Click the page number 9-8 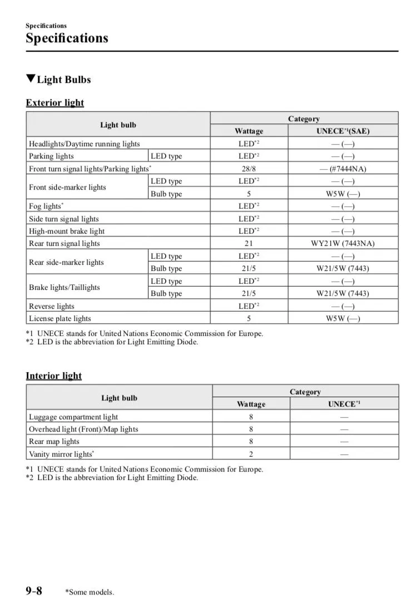(x=33, y=590)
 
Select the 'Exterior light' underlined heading (x=54, y=102)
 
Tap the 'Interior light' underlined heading (x=53, y=375)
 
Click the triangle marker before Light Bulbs (x=31, y=79)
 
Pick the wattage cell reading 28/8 (x=249, y=169)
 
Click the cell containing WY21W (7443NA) (x=342, y=244)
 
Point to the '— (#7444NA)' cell (x=342, y=169)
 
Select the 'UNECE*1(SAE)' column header (x=342, y=131)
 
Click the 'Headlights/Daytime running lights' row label (x=85, y=144)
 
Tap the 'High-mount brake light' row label (x=67, y=231)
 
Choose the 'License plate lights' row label (x=60, y=319)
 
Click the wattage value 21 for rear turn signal (x=249, y=244)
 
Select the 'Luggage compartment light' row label (x=73, y=417)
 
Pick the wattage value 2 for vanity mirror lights (x=251, y=454)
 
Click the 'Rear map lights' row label (x=54, y=442)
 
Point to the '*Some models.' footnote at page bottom (x=90, y=592)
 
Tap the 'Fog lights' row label (x=45, y=206)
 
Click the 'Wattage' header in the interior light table (x=251, y=404)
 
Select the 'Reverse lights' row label (x=51, y=306)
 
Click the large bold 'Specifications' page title (x=67, y=38)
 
